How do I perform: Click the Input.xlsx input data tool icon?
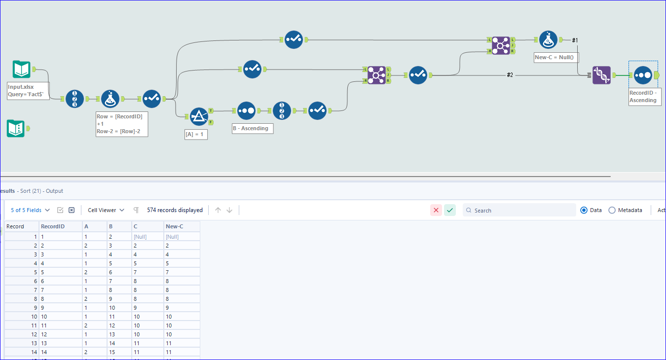21,70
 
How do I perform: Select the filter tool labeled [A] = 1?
199,116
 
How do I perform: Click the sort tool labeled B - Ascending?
246,111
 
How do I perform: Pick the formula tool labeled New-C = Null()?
548,39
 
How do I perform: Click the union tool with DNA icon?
601,75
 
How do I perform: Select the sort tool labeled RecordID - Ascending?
643,75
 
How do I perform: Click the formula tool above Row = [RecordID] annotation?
110,99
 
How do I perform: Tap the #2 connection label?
510,75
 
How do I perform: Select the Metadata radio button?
612,210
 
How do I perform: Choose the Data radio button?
584,210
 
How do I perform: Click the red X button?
436,210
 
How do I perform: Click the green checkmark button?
450,210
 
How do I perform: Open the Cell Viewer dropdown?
106,210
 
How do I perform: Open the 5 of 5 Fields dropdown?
30,210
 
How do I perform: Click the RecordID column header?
54,226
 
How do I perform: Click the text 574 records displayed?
175,210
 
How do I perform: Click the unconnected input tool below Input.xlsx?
16,128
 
